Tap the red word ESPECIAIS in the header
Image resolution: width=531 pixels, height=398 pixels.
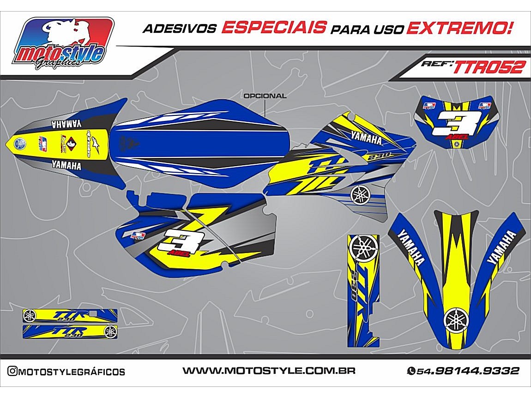point(273,27)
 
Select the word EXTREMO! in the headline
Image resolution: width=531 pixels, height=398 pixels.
point(460,28)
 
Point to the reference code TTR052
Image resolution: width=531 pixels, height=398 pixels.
point(489,67)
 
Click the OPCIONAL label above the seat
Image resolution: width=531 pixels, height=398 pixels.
point(265,96)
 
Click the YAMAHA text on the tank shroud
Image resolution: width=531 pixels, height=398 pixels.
point(366,136)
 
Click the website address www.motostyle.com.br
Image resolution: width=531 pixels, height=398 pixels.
point(268,371)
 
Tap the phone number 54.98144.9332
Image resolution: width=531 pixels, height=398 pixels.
point(467,371)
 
